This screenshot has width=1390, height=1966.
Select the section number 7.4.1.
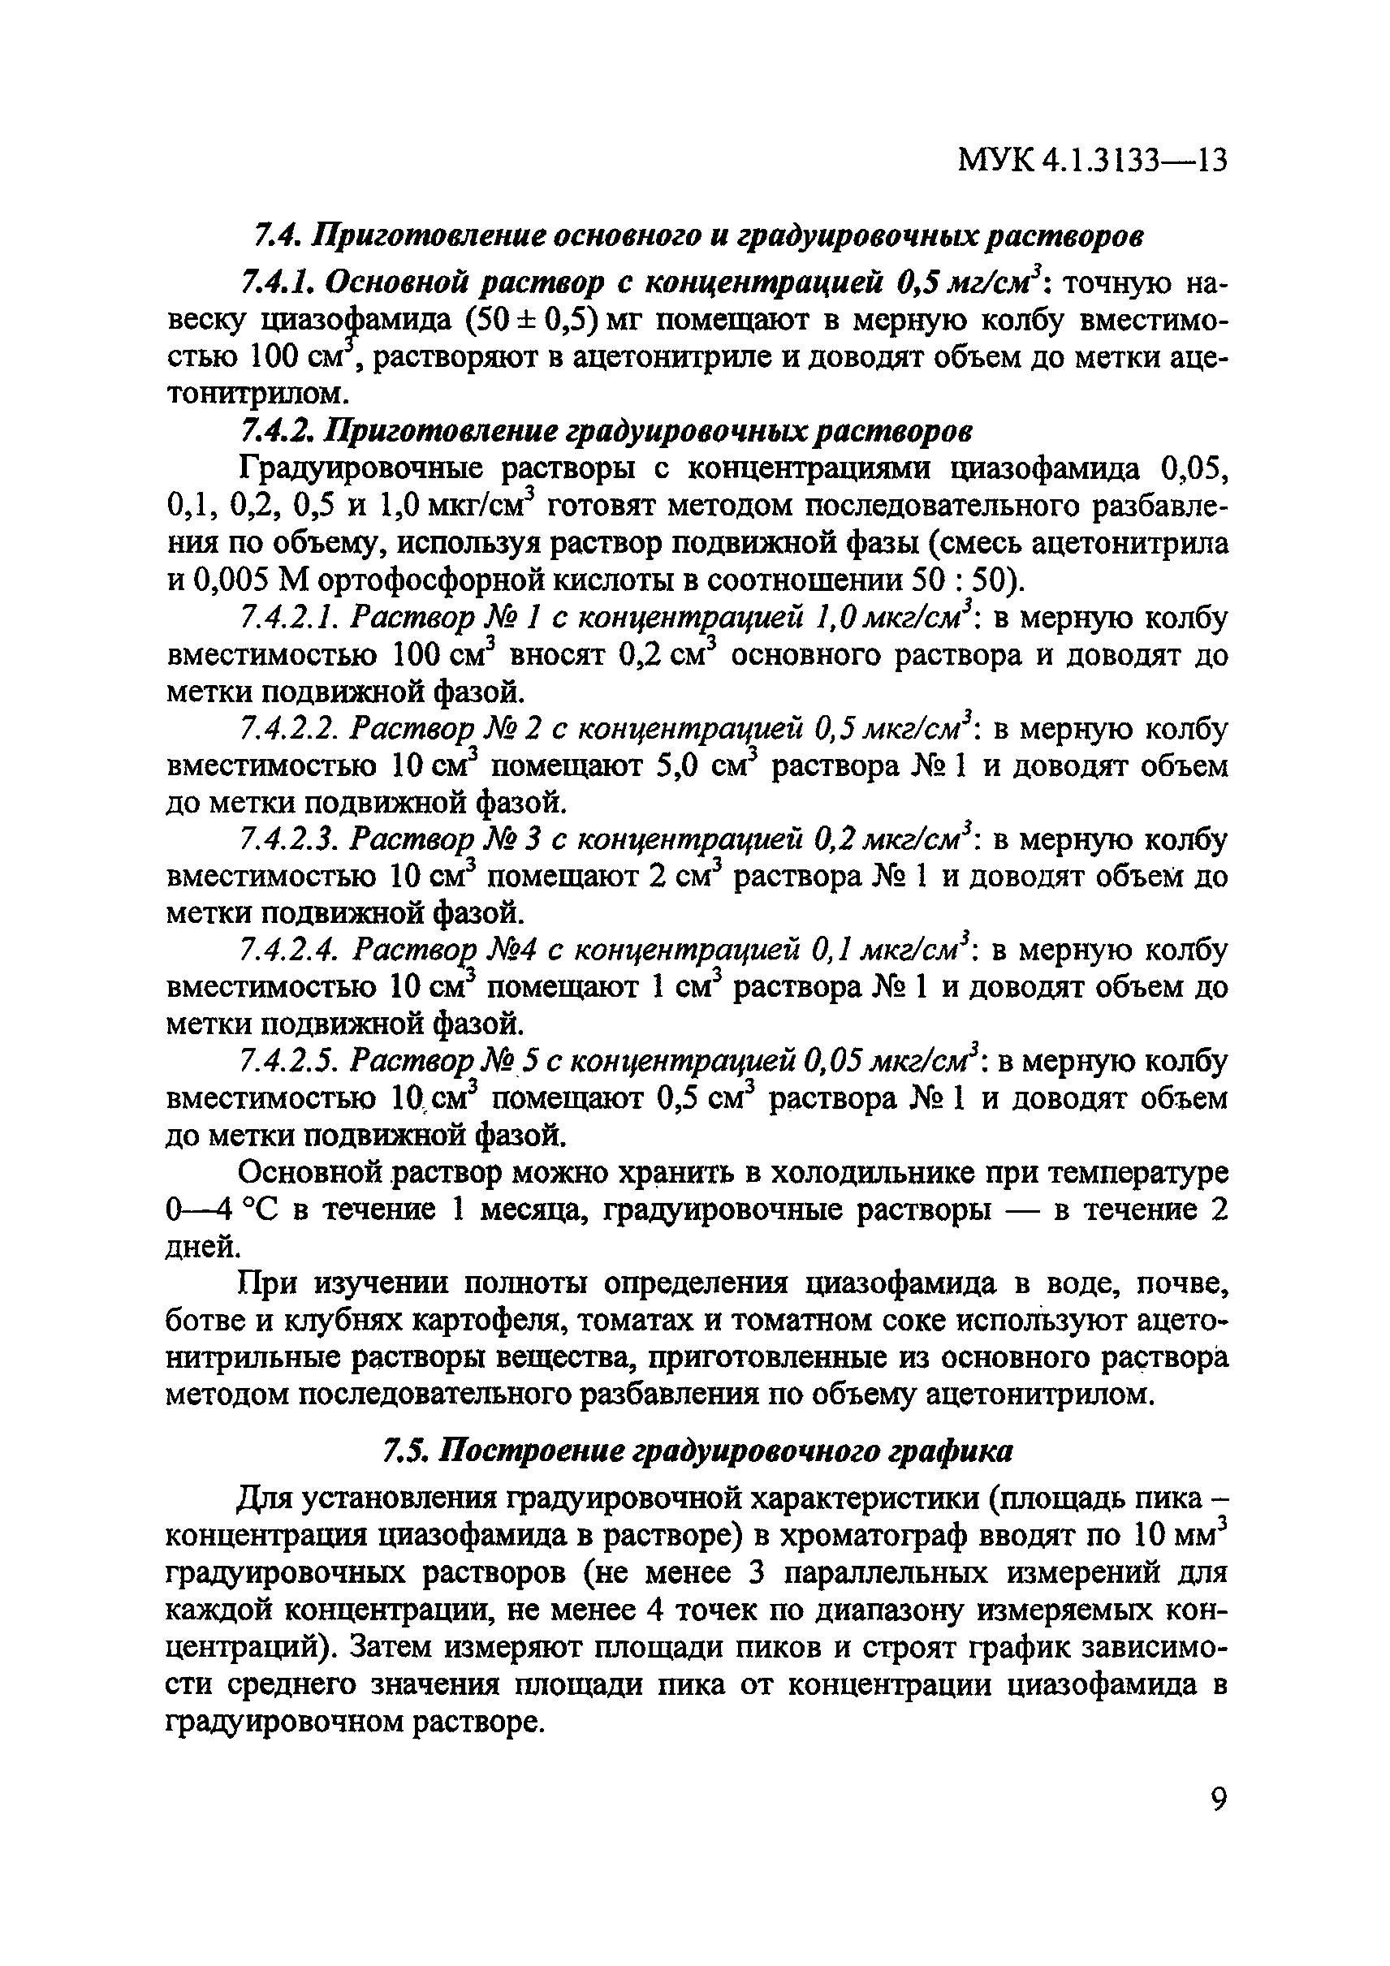click(x=272, y=282)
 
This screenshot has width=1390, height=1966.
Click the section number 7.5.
click(x=406, y=1451)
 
